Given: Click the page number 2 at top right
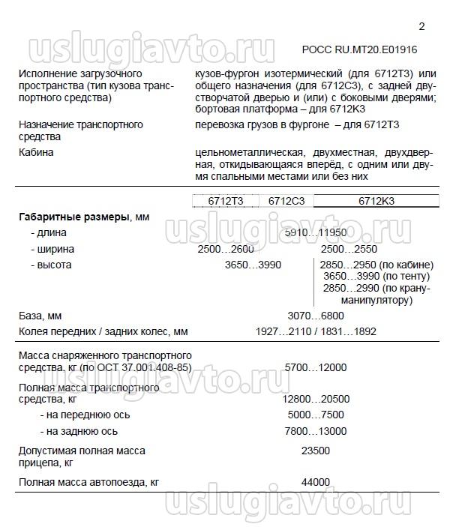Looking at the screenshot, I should coord(421,27).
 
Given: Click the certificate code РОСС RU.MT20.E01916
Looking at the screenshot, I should coord(359,51).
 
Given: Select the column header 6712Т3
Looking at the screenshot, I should coord(223,201).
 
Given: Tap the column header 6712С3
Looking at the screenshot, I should coord(285,201).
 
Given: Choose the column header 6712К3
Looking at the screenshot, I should coord(376,201).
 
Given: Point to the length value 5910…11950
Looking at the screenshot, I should coord(315,233).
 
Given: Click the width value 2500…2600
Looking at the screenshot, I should coord(225,249).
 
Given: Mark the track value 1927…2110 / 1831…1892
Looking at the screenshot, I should coord(315,331).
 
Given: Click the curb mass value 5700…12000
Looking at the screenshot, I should coord(315,367).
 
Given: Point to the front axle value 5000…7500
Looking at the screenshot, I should coord(315,415).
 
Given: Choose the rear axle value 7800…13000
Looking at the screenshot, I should coord(315,431).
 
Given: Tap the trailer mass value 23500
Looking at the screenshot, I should coord(315,451).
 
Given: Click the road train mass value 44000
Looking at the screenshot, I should coord(315,481).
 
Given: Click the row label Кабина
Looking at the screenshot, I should coord(37,153).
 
